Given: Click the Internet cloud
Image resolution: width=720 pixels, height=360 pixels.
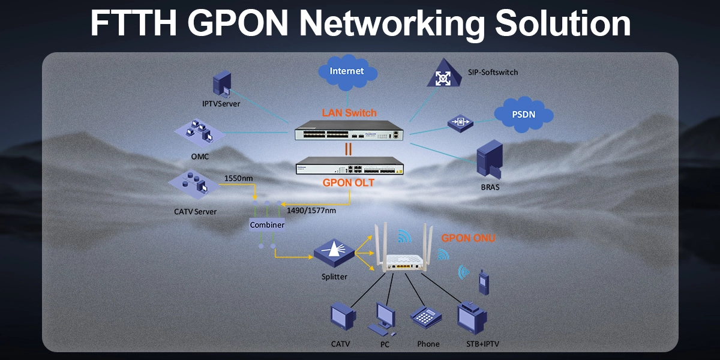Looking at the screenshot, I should (347, 71).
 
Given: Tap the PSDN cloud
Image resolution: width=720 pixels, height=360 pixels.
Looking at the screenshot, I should (523, 114).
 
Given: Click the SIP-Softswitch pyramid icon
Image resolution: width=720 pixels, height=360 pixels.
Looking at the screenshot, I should (443, 74).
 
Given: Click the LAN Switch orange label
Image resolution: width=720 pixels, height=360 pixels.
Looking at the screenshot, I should (349, 112).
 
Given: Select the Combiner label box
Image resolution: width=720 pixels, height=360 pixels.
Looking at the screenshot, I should (267, 224).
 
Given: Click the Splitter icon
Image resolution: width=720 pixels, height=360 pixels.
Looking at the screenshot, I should (334, 253).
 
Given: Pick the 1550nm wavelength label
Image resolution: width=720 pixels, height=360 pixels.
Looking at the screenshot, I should (238, 178).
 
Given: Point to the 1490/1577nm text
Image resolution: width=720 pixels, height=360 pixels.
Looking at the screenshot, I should (311, 211).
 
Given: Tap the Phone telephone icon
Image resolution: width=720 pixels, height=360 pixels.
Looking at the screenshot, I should (427, 318).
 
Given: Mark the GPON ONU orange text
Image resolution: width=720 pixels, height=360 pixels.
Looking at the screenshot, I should (469, 238).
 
